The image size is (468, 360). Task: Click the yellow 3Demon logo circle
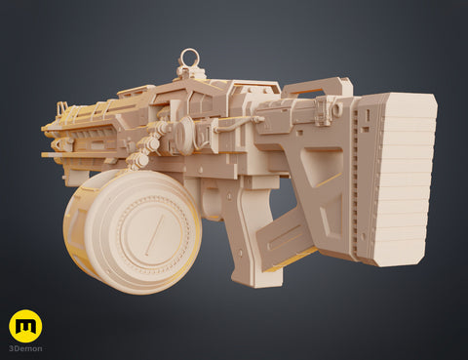click(x=25, y=326)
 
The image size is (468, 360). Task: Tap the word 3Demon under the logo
click(x=25, y=348)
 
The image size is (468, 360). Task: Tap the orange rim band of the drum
click(x=74, y=234)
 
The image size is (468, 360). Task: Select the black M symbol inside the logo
click(x=25, y=326)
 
